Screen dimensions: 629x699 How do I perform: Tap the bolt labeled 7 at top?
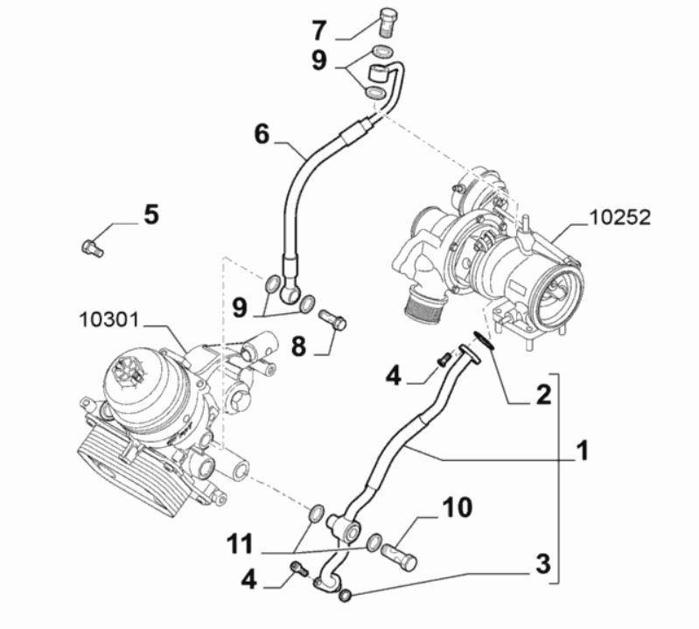[388, 19]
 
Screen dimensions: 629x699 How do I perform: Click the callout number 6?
[262, 134]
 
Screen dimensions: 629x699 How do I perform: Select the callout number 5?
[151, 214]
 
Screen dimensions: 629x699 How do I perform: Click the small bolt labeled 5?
[90, 248]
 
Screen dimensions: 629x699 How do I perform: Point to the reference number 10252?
[619, 218]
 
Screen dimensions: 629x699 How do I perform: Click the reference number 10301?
[108, 319]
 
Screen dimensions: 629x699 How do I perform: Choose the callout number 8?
[298, 346]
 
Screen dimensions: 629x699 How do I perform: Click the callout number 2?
[542, 395]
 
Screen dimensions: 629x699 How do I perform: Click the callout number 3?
[542, 563]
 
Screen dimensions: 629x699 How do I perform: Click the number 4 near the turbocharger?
[394, 377]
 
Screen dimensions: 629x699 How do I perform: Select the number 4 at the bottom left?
[250, 579]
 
